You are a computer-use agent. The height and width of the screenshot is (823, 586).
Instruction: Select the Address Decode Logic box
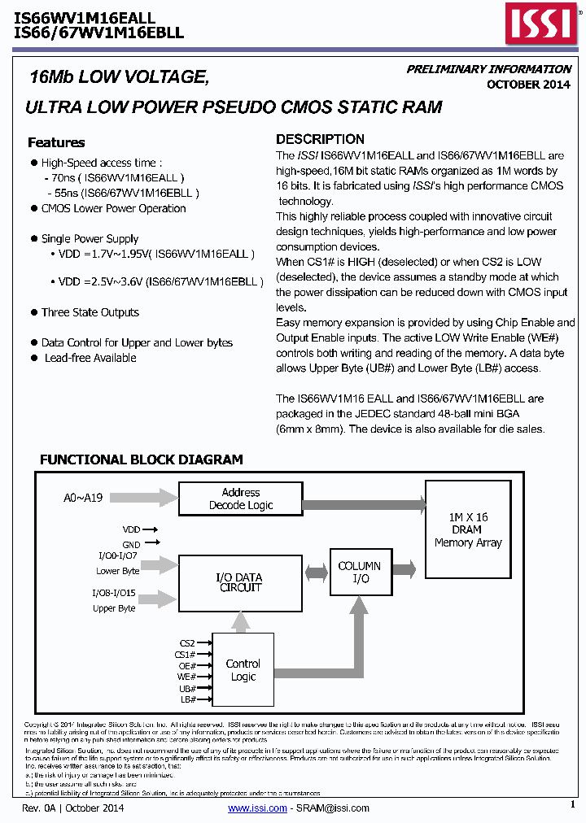[x=240, y=499]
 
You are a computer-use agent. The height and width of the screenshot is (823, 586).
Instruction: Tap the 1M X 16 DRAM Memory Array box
[x=467, y=529]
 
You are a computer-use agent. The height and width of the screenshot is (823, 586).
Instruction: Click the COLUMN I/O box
[x=359, y=573]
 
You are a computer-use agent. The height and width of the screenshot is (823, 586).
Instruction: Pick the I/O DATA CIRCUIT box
[x=240, y=582]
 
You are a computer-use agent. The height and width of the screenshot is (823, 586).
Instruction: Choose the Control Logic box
[x=243, y=670]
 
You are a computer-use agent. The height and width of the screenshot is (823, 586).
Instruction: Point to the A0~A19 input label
[x=83, y=498]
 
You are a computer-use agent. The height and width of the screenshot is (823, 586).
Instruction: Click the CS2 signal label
[x=187, y=642]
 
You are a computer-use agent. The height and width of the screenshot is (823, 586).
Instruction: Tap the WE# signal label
[x=186, y=677]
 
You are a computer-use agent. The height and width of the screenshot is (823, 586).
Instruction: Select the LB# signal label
[x=187, y=699]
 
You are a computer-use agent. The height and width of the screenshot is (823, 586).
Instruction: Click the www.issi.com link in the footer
[x=257, y=808]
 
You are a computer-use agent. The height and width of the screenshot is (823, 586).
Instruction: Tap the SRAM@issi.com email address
[x=332, y=808]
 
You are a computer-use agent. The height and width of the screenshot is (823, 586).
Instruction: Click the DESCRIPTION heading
[x=320, y=139]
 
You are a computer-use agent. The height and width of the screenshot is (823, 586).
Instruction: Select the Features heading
[x=56, y=142]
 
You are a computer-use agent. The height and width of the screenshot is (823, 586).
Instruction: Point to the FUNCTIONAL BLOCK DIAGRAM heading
[x=141, y=459]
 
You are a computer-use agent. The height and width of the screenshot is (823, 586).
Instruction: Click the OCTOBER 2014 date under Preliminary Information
[x=528, y=85]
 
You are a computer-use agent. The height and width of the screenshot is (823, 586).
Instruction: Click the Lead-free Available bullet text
[x=90, y=358]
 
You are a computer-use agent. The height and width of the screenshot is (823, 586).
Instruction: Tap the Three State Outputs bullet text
[x=90, y=312]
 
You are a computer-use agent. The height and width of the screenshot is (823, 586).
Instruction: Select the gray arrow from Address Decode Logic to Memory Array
[x=362, y=505]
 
